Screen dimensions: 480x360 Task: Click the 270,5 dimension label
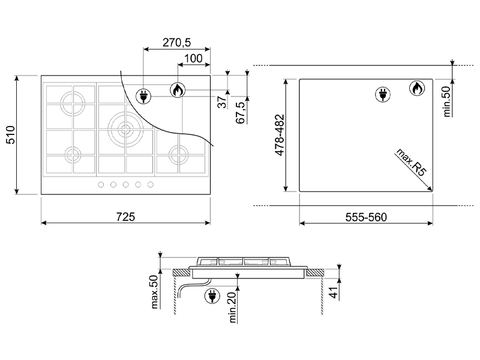[176, 42]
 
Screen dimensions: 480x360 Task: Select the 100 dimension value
[194, 58]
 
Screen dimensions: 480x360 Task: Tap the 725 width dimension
[125, 217]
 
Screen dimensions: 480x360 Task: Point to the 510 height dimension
[10, 134]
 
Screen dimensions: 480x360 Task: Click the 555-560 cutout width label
[366, 217]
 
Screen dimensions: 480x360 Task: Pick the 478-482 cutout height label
[280, 135]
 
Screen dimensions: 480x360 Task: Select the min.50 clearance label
[447, 101]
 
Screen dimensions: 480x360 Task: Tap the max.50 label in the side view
[154, 292]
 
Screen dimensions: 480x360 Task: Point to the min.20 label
[233, 307]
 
